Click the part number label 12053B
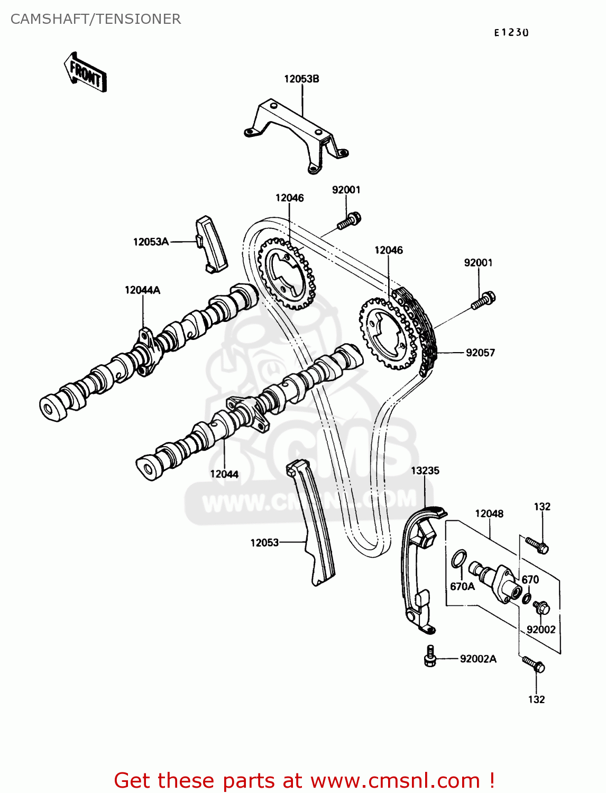pos(301,79)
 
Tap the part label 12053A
pos(151,242)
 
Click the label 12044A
pos(142,290)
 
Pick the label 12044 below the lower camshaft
pos(224,474)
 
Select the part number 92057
pos(480,353)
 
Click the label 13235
pos(425,471)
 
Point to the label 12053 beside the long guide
pos(264,542)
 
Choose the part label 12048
pos(489,513)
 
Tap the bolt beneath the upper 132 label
pos(537,545)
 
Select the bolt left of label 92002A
pos(430,656)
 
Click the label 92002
pos(541,629)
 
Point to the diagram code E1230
pos(511,33)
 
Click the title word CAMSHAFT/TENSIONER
pos(96,19)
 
